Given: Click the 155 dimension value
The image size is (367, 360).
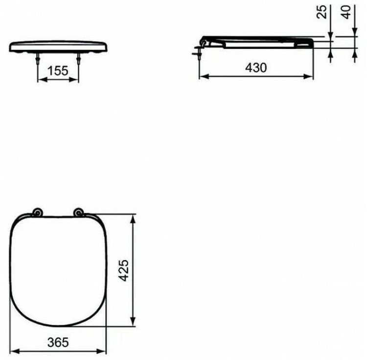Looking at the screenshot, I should coord(58,71).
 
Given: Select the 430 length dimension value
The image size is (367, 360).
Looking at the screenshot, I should coord(256,68).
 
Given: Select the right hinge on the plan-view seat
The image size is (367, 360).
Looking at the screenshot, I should coord(78,212).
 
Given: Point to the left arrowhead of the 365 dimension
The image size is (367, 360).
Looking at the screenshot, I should coord(14,351).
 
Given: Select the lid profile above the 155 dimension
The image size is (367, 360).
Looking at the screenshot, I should coord(59,47).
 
